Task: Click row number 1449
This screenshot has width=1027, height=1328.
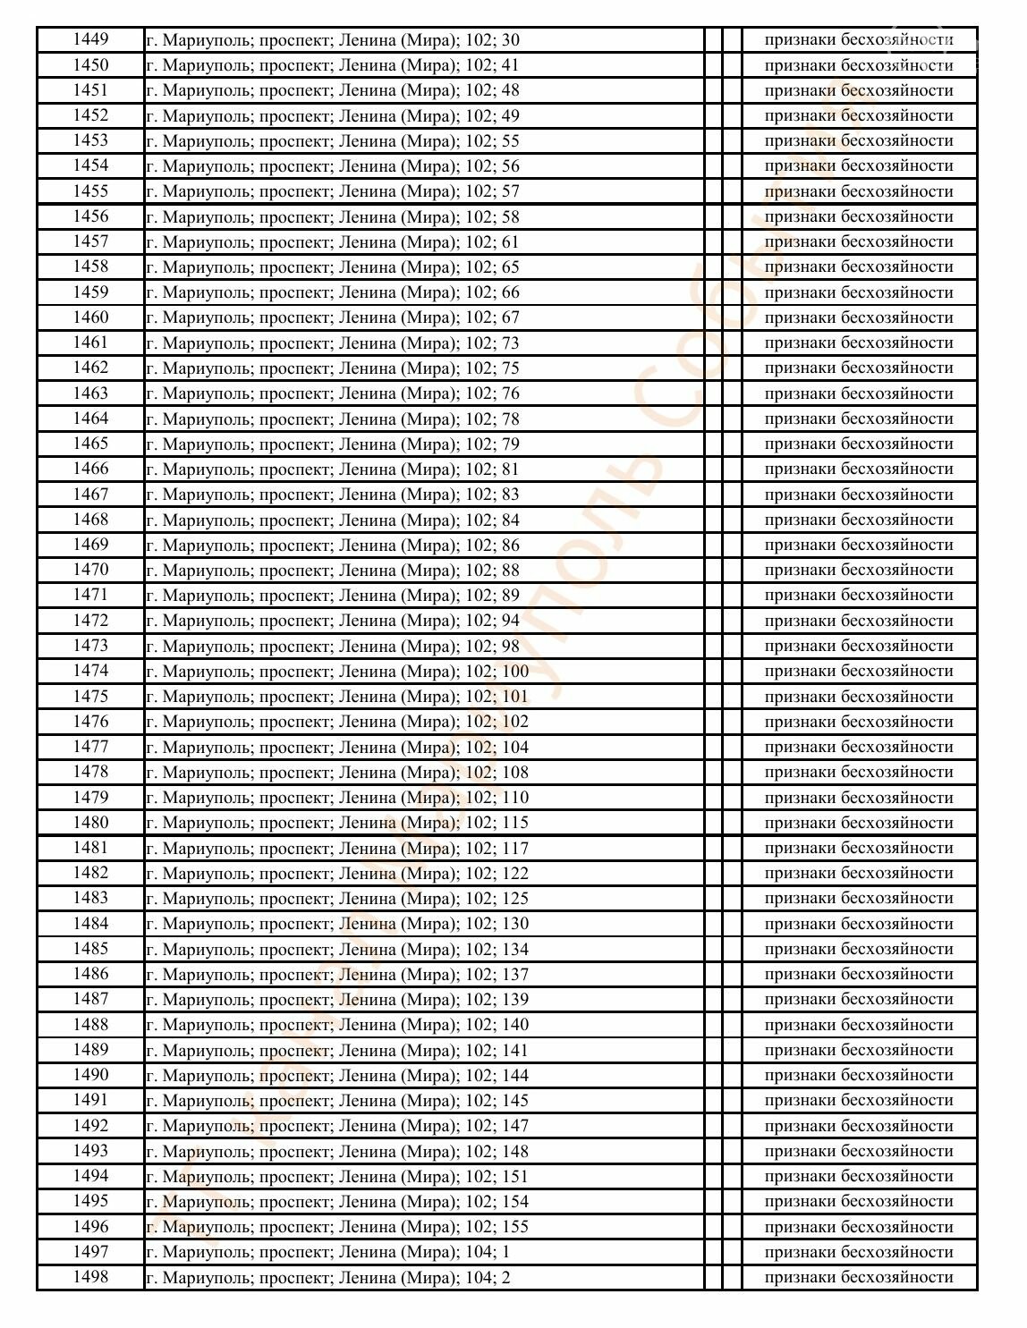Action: click(x=90, y=39)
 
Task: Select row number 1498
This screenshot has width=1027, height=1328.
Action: click(x=90, y=1276)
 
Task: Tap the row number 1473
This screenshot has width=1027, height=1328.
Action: click(x=90, y=646)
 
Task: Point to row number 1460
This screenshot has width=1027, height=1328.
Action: click(x=90, y=317)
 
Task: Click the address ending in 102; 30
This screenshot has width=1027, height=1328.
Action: click(x=333, y=40)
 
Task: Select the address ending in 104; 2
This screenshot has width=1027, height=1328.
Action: click(x=328, y=1277)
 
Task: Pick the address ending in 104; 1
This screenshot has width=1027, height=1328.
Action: click(x=328, y=1252)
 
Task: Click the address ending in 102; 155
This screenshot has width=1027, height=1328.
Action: click(x=337, y=1227)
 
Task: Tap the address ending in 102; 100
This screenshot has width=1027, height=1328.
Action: click(x=337, y=671)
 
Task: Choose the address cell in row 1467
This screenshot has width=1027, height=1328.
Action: click(x=333, y=495)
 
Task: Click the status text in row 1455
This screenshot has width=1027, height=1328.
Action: click(x=859, y=191)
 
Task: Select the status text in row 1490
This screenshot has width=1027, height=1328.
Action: click(x=859, y=1075)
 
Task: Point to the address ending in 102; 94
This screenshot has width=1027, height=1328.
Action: click(x=333, y=621)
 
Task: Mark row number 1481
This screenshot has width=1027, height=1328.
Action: click(x=90, y=848)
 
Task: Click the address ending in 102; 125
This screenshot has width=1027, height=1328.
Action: click(x=337, y=898)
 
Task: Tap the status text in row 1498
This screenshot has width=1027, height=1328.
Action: click(x=859, y=1277)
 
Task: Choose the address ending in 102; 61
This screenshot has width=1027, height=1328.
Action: click(x=333, y=242)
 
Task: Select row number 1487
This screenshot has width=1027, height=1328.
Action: click(x=90, y=999)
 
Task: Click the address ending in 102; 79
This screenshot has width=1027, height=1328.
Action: click(x=333, y=444)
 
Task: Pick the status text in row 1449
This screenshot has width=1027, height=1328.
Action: click(x=859, y=40)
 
